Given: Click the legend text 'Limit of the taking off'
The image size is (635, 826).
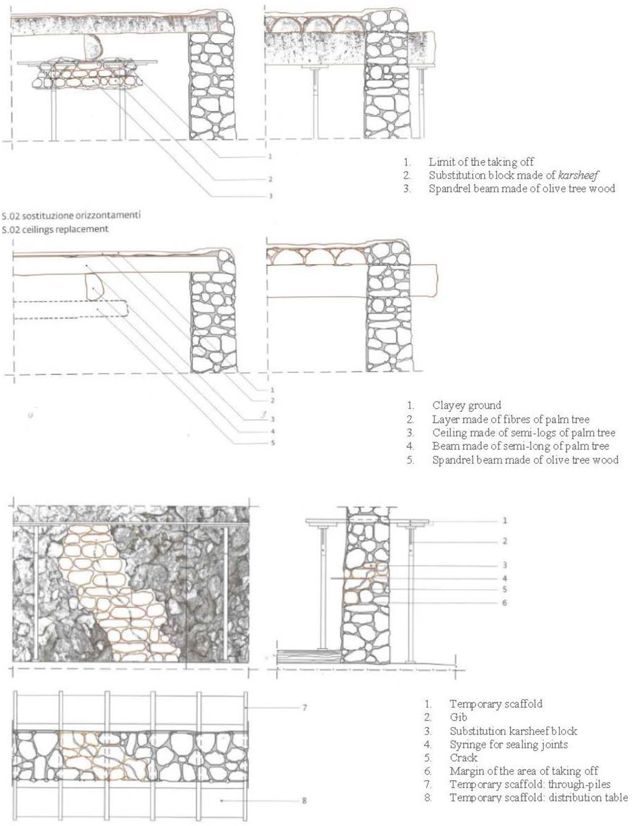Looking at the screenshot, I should pyautogui.click(x=481, y=162).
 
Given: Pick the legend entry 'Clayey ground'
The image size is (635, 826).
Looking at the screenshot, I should pyautogui.click(x=466, y=406).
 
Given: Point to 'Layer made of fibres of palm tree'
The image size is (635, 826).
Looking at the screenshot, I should pyautogui.click(x=510, y=419).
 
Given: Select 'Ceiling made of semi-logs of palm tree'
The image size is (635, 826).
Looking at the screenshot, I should pyautogui.click(x=523, y=433).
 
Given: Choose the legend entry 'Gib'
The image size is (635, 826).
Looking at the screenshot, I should pyautogui.click(x=458, y=717).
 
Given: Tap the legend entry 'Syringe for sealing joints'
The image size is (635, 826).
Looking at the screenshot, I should pyautogui.click(x=508, y=744).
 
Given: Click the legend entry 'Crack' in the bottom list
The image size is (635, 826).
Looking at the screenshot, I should pyautogui.click(x=463, y=758).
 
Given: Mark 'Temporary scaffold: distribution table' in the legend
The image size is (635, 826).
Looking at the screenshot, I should pyautogui.click(x=538, y=797).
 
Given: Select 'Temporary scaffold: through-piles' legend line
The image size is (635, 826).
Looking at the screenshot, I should pyautogui.click(x=530, y=784).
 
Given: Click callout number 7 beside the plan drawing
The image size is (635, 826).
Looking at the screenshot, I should pyautogui.click(x=304, y=707).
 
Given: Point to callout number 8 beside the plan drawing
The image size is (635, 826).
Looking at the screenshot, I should pyautogui.click(x=304, y=801).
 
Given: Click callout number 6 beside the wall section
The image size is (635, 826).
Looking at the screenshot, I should pyautogui.click(x=504, y=602).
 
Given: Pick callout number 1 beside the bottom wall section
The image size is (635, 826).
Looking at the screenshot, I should pyautogui.click(x=504, y=521).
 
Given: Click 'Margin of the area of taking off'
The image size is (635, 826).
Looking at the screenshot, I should pyautogui.click(x=524, y=771).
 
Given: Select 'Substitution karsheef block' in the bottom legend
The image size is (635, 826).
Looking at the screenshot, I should pyautogui.click(x=513, y=731).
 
